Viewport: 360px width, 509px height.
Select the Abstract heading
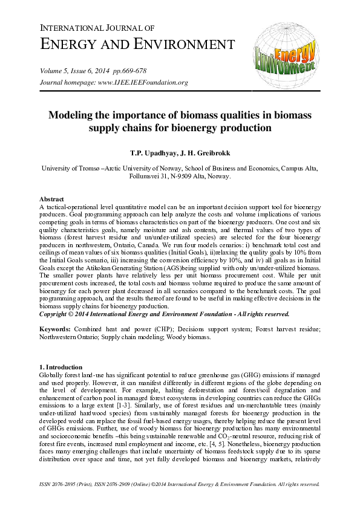[52, 199]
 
